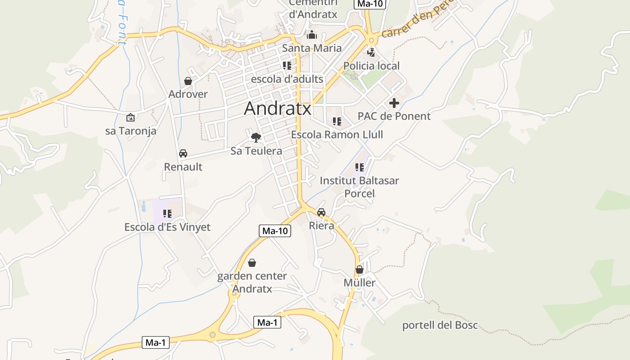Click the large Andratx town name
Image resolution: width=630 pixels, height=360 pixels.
pos(277,108)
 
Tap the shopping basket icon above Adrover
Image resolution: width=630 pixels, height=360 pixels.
pos(188,81)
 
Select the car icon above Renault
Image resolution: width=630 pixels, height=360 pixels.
pos(183,153)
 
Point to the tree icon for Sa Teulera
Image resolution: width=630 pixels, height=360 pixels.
pos(256,137)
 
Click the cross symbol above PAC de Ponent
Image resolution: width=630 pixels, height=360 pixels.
pos(394,103)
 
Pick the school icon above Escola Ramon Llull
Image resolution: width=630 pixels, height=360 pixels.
pos(337,121)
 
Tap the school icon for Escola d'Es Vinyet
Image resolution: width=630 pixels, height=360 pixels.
pos(167,214)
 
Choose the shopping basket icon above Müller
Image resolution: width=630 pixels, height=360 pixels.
pos(359,270)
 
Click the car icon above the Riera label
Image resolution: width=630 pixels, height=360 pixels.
pos(321,212)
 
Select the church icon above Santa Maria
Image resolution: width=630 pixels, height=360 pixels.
pos(311,35)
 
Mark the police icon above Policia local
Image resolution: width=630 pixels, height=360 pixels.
pos(371,52)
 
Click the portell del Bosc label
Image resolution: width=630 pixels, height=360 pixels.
pos(440,325)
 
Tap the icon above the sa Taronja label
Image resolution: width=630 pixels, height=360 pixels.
pos(130,117)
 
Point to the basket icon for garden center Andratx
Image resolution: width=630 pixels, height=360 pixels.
pos(252,262)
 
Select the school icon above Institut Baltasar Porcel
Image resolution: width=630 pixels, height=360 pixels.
pos(359,167)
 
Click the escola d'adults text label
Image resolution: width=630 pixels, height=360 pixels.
pos(287,79)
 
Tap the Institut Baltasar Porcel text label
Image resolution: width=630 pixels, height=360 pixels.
pos(359,187)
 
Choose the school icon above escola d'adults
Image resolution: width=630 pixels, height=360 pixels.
pos(287,66)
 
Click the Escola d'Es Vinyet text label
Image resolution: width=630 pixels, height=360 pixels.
pos(167,227)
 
